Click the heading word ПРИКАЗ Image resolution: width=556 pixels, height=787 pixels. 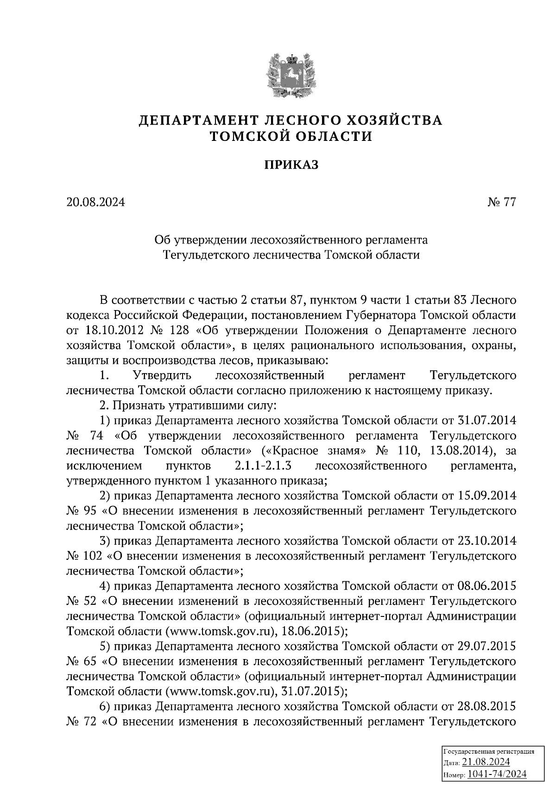point(291,165)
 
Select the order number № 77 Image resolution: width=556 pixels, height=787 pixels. point(502,202)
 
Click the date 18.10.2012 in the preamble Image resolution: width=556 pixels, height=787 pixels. point(112,330)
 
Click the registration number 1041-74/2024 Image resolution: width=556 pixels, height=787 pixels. point(496,774)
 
